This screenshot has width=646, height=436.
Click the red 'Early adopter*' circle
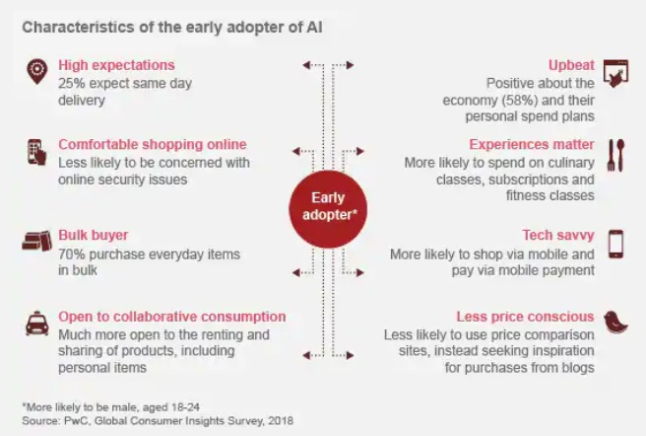(328, 209)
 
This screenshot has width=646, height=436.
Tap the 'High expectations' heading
(116, 65)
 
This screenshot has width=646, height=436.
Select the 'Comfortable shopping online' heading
(153, 144)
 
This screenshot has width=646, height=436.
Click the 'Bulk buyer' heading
(94, 235)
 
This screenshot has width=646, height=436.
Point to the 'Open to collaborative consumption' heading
(171, 317)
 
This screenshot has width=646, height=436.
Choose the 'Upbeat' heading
(571, 65)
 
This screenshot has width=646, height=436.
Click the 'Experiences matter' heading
(532, 144)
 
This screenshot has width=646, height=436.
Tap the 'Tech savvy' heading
(558, 235)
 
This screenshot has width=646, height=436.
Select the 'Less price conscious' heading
(525, 317)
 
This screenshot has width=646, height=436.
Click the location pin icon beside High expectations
(37, 71)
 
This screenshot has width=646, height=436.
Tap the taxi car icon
(37, 323)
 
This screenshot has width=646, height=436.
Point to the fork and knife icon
(615, 155)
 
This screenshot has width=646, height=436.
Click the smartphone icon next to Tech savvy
(615, 244)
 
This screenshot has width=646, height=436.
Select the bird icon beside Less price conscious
(615, 322)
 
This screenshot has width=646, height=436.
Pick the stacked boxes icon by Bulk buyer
(37, 241)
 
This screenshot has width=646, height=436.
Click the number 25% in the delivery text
(72, 84)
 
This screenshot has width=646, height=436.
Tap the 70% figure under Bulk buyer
(72, 254)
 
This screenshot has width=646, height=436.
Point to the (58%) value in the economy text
(521, 101)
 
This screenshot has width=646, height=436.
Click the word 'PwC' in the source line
(73, 421)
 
